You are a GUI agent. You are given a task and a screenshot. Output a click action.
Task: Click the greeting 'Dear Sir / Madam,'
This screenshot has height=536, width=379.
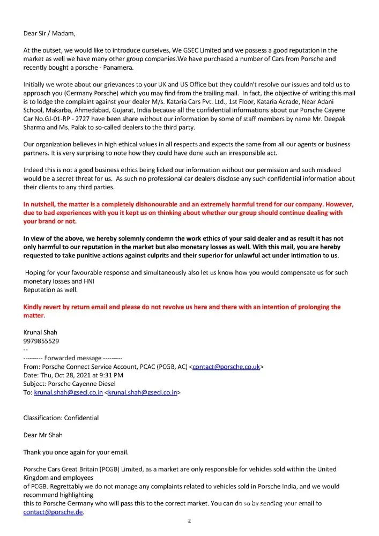point(49,33)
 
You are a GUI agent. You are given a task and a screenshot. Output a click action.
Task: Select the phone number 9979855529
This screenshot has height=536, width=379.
point(41,341)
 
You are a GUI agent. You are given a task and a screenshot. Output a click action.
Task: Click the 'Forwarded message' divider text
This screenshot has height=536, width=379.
point(72,358)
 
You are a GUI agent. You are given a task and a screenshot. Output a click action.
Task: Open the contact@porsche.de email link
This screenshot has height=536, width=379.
point(54,512)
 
